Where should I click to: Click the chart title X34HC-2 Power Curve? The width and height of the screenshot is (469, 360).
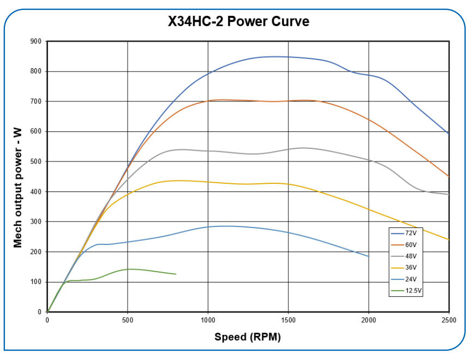pyautogui.click(x=238, y=22)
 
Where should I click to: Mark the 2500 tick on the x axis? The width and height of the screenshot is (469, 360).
pyautogui.click(x=448, y=320)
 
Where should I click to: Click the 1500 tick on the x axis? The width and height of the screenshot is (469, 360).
pyautogui.click(x=288, y=320)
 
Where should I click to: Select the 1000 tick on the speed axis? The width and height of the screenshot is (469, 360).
pyautogui.click(x=208, y=320)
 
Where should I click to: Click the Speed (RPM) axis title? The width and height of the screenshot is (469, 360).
pyautogui.click(x=248, y=337)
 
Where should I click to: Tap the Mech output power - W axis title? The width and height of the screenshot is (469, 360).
pyautogui.click(x=19, y=176)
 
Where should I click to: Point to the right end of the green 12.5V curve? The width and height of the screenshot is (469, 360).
pyautogui.click(x=176, y=274)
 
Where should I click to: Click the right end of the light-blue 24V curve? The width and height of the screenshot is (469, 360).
pyautogui.click(x=369, y=256)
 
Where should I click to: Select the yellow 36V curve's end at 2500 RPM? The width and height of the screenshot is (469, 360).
pyautogui.click(x=448, y=239)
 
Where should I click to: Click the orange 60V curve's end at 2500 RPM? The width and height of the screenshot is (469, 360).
pyautogui.click(x=448, y=176)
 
